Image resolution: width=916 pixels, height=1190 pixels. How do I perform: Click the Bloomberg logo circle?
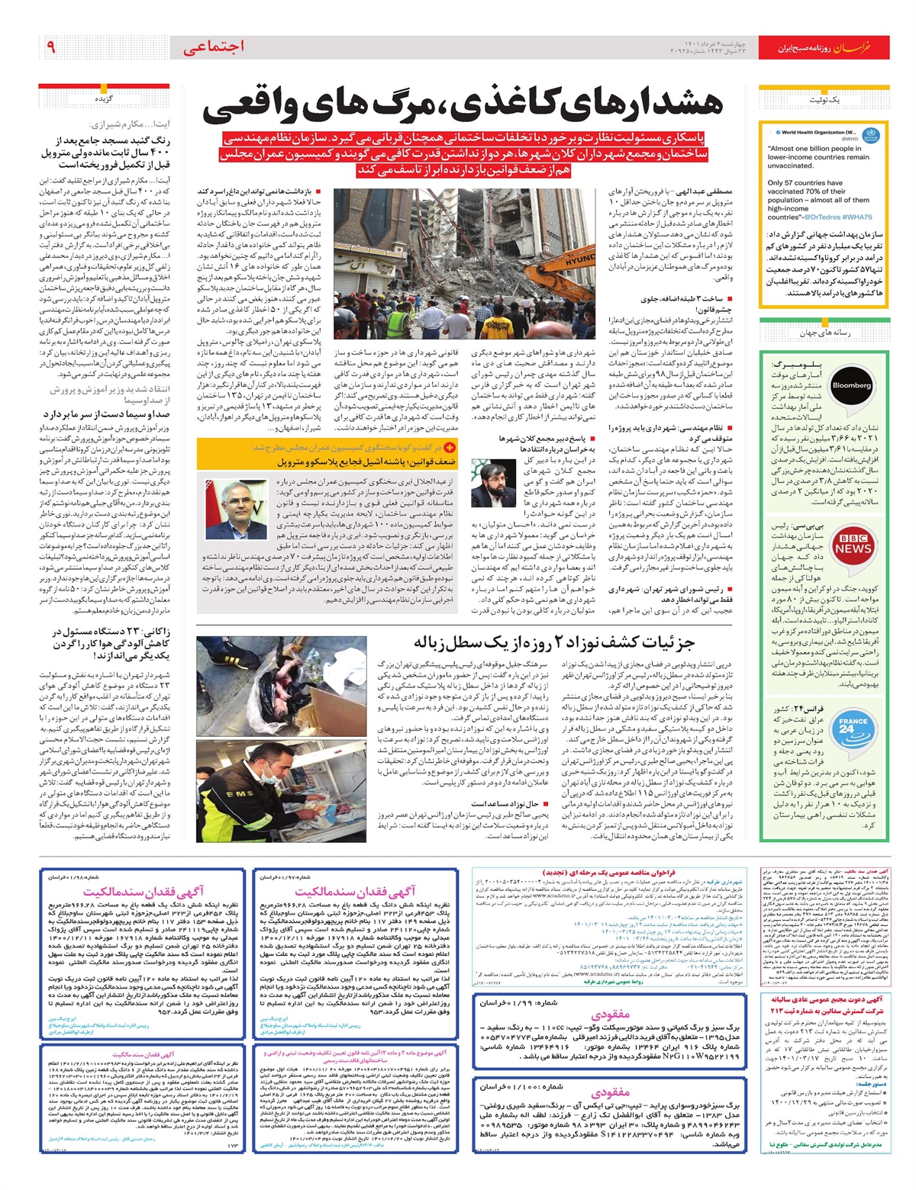[852, 385]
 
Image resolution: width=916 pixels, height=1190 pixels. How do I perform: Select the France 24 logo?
[852, 725]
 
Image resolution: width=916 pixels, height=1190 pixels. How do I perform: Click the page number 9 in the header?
[50, 47]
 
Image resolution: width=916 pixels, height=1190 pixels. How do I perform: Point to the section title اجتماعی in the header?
[213, 47]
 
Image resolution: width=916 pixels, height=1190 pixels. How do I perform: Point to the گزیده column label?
[104, 99]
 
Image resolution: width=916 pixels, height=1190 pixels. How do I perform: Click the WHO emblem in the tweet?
[871, 136]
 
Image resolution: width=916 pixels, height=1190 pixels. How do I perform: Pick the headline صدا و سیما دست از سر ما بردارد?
[106, 414]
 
